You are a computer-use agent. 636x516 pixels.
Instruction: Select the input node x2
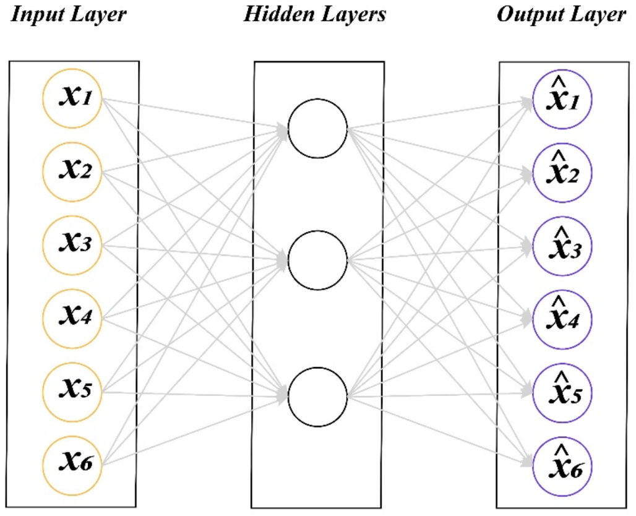click(x=72, y=171)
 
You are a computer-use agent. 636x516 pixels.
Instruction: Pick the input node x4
click(x=72, y=319)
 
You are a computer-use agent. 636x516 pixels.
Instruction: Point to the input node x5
click(x=72, y=392)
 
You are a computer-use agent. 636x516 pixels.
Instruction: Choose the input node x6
click(x=72, y=465)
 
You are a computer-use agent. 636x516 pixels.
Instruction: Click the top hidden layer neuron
click(x=318, y=129)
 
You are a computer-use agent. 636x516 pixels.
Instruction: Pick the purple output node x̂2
click(x=562, y=173)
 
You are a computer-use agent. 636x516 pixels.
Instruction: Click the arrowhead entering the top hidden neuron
click(x=282, y=129)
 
